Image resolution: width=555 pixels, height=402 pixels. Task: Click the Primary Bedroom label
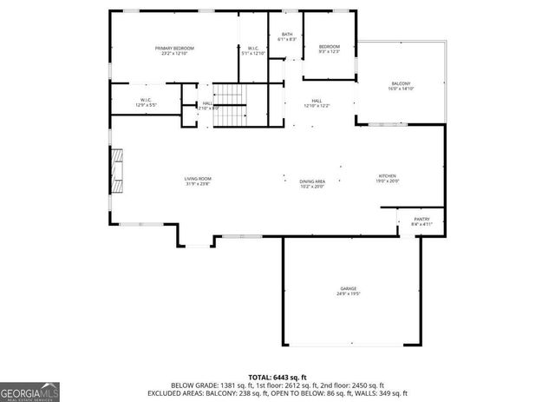click(x=174, y=48)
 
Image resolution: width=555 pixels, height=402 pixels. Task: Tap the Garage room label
click(x=348, y=288)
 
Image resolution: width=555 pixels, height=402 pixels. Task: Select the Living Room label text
click(x=198, y=179)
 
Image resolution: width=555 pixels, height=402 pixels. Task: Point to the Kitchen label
click(x=387, y=175)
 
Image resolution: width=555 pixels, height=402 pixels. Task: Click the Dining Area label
click(x=311, y=181)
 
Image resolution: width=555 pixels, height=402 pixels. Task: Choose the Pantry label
click(x=421, y=220)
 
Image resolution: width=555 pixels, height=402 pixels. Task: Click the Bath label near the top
click(x=286, y=35)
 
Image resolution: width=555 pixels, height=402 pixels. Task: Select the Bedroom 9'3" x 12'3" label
click(x=329, y=46)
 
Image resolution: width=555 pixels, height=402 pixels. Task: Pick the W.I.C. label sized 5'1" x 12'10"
click(x=253, y=48)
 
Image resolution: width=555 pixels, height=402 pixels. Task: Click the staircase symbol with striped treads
click(x=230, y=105)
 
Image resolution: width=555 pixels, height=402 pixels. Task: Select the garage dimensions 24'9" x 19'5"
click(x=348, y=294)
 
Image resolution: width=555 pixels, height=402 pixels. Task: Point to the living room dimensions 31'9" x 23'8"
click(x=198, y=185)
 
